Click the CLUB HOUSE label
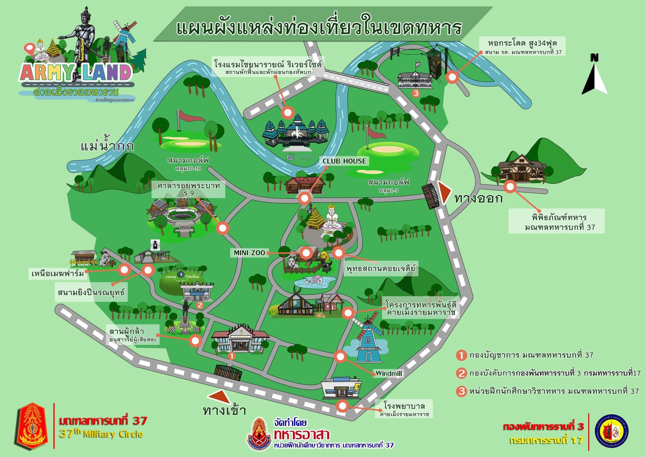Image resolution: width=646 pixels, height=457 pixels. pos(344,161)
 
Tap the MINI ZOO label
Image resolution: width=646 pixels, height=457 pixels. pos(249,253)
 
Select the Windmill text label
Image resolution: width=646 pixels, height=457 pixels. pos(388,373)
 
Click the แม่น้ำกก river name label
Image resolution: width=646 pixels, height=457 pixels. pos(107,146)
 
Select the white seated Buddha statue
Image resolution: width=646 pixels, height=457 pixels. pos(332,218)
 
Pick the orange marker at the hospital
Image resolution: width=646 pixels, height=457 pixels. pos(342,406)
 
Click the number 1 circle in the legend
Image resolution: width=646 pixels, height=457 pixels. pos(461,355)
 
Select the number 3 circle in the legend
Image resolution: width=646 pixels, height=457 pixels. pos(461,391)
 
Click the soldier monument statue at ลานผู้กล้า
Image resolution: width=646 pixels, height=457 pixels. pos(185,317)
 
